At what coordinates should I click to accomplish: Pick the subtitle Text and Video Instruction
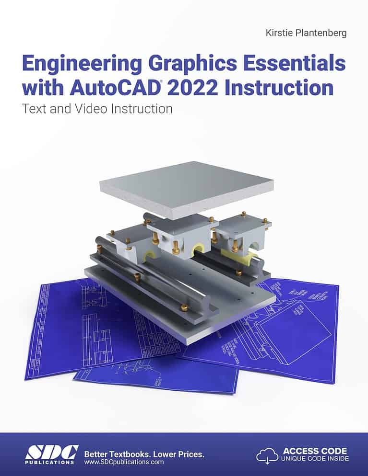[x=97, y=109]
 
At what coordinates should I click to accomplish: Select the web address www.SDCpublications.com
[x=124, y=463]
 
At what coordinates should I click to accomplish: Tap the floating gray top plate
[x=186, y=188]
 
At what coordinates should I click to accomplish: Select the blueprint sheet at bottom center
[x=158, y=374]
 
